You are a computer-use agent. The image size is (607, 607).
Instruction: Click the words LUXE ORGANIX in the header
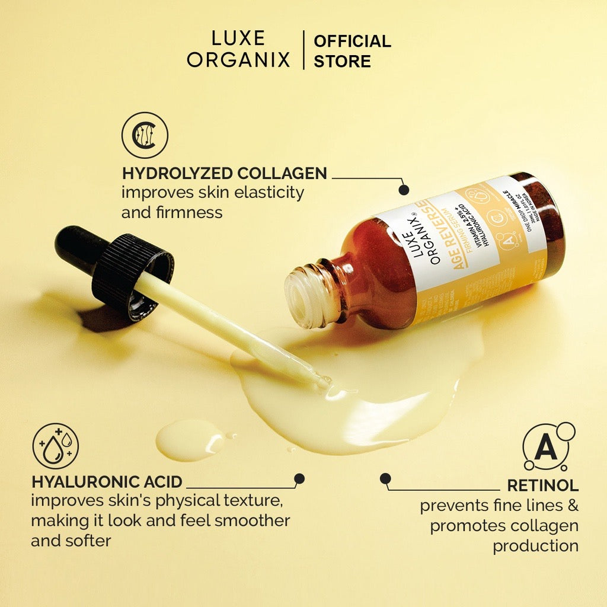tap(238, 50)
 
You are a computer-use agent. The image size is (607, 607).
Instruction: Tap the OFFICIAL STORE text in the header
tap(352, 51)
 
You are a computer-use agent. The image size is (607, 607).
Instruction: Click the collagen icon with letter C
tap(145, 135)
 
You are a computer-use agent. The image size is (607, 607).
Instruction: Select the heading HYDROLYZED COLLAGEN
tap(224, 173)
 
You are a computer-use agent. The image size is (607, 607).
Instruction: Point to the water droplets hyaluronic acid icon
tap(55, 446)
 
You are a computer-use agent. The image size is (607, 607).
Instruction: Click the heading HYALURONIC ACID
tap(107, 481)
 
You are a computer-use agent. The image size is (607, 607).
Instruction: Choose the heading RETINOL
tap(542, 485)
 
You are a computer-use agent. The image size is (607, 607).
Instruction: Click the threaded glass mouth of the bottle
tap(305, 296)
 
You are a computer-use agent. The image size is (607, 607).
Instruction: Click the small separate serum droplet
tap(189, 439)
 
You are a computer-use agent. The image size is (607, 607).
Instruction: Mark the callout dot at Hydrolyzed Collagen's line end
tap(404, 190)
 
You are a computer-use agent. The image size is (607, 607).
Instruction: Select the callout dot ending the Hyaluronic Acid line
tap(299, 478)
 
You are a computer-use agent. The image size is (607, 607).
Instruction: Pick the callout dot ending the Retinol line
tap(386, 478)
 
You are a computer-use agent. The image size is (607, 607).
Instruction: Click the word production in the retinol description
tap(535, 545)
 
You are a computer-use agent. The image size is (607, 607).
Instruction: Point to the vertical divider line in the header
tap(303, 50)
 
